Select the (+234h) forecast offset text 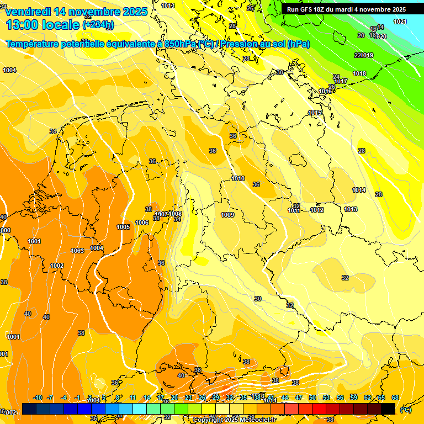tap(98, 25)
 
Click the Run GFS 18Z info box tap(346, 9)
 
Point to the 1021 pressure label tap(400, 22)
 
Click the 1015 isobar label tap(315, 113)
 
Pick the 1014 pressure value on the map tap(359, 190)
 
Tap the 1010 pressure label tap(238, 178)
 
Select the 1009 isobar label tap(227, 215)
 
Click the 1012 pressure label tap(317, 210)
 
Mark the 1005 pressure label tap(124, 227)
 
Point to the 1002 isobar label tap(56, 266)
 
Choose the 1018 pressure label tap(359, 73)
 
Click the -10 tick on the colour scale tap(38, 397)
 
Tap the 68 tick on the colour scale tap(395, 397)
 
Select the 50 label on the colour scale tap(312, 397)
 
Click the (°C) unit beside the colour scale tap(405, 410)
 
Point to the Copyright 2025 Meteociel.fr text tap(234, 420)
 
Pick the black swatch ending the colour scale tap(388, 409)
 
